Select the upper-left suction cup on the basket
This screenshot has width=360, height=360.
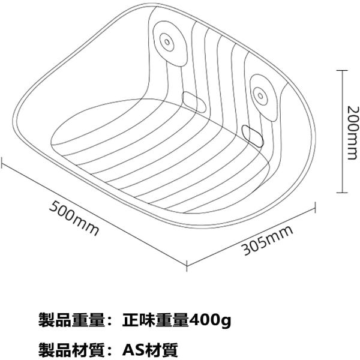tap(166, 41)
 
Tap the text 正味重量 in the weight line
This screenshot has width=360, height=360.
tap(154, 320)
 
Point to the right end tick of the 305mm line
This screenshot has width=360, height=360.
tap(314, 209)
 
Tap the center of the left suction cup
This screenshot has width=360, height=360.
tap(166, 41)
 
